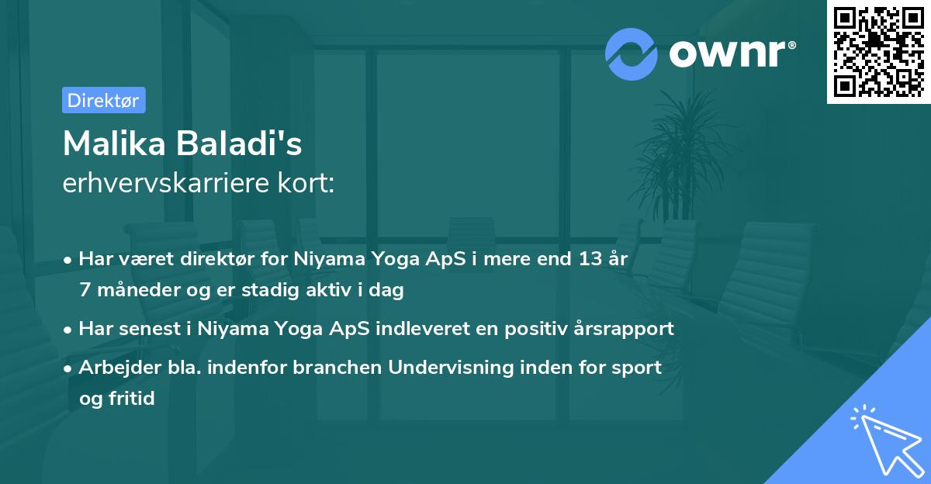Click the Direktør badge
point(103,100)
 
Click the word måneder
point(135,291)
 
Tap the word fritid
point(129,399)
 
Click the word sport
point(636,367)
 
